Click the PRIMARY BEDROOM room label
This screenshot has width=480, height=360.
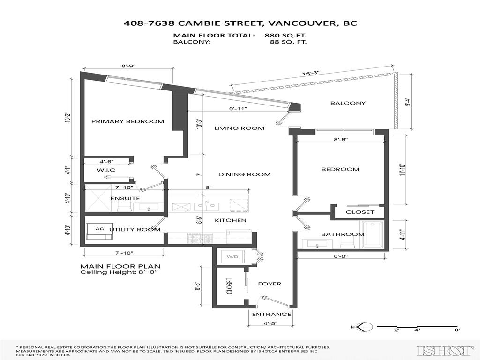click(x=127, y=121)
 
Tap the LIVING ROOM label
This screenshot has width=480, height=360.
click(x=240, y=128)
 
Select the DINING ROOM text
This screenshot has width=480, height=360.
click(x=244, y=174)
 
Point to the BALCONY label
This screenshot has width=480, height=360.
click(x=348, y=103)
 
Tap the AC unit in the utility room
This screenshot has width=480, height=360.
click(x=99, y=229)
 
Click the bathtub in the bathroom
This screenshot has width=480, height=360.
click(x=374, y=234)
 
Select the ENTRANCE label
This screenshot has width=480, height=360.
click(x=271, y=314)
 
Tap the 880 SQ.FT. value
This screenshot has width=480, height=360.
click(x=287, y=35)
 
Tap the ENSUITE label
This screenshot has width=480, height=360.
click(x=125, y=198)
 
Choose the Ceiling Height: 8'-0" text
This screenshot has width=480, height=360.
click(x=120, y=272)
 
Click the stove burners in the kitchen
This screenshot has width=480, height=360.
click(x=195, y=238)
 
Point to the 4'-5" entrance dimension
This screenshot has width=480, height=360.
click(x=270, y=322)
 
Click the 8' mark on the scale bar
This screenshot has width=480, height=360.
click(x=457, y=330)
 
